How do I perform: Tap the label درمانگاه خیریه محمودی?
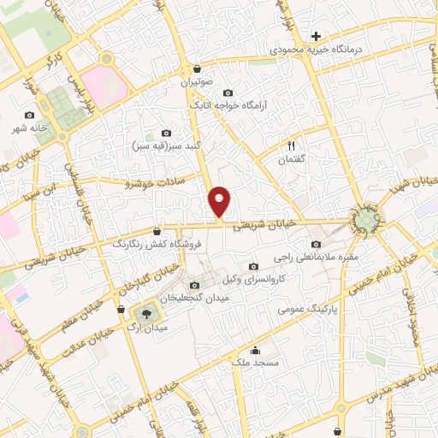[317, 50]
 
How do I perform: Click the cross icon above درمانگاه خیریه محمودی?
[317, 36]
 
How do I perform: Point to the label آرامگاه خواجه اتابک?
[228, 106]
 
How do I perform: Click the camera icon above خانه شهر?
[31, 115]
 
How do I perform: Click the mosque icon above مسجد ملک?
[254, 349]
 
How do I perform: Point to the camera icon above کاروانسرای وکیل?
[252, 267]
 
